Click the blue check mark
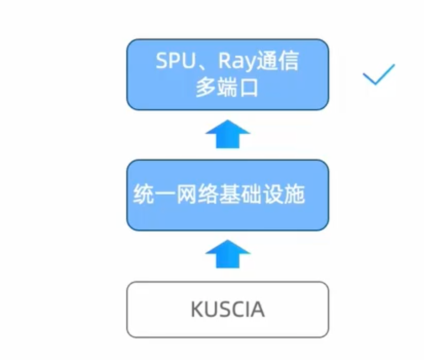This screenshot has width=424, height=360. tap(378, 75)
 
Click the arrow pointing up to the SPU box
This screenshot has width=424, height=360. tap(228, 134)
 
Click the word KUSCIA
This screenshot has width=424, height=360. tap(228, 310)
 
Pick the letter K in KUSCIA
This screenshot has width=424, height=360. tap(196, 310)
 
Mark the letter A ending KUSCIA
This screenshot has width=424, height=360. tap(258, 310)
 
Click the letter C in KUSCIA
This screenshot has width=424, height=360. tap(237, 310)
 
